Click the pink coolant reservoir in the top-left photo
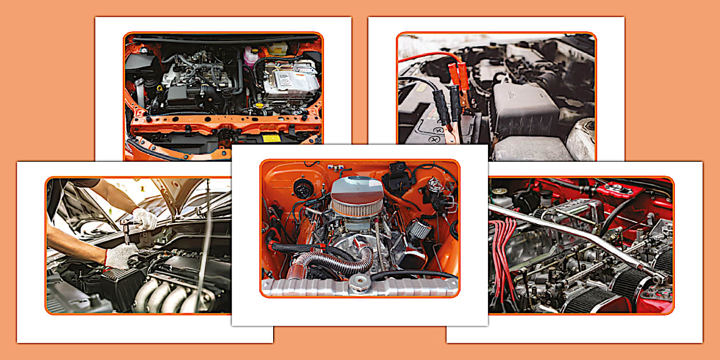[250, 57]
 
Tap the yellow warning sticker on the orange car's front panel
[271, 138]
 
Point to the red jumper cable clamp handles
[457, 75]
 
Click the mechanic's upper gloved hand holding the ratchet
[144, 219]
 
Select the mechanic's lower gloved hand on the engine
[121, 256]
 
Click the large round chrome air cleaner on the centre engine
[357, 196]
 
